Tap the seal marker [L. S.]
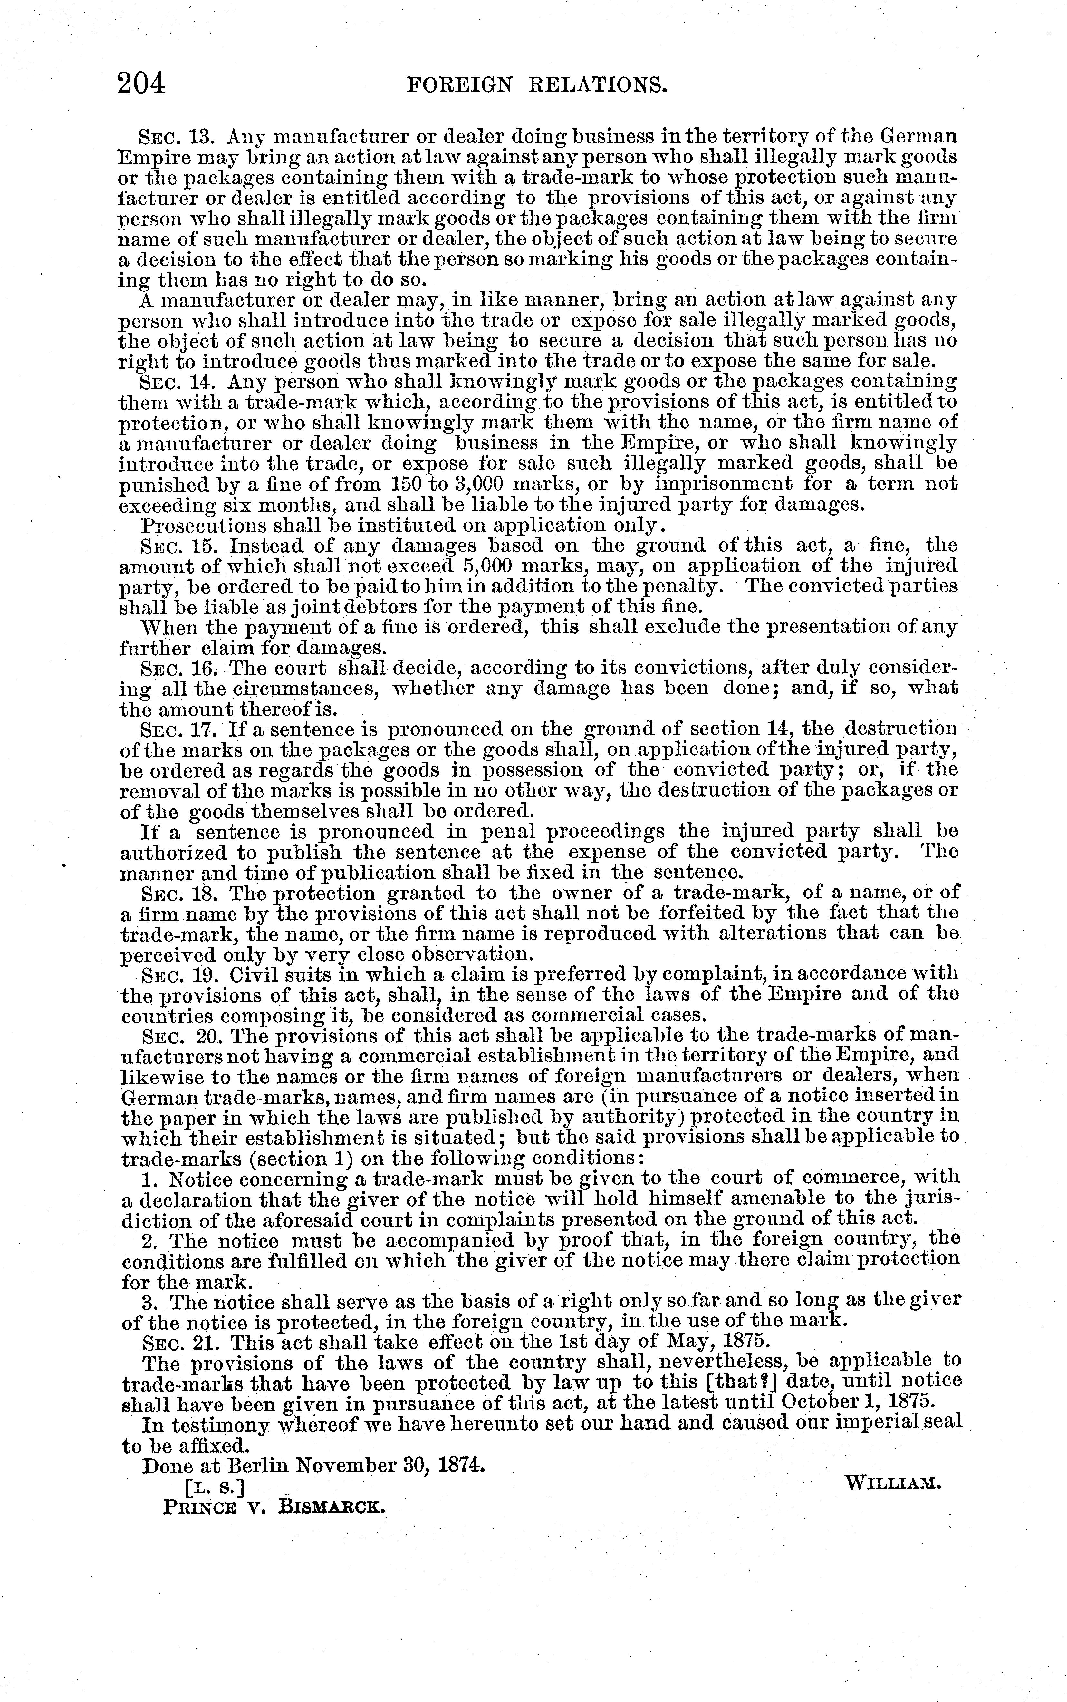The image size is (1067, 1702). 214,1487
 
